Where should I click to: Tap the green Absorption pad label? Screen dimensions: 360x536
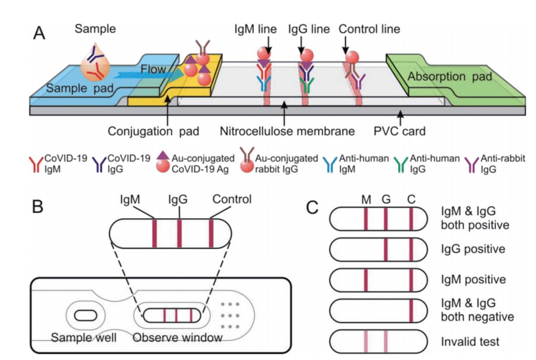(x=451, y=77)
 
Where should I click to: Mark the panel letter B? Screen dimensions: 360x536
(x=40, y=207)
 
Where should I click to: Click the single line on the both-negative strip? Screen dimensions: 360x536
(x=410, y=310)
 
